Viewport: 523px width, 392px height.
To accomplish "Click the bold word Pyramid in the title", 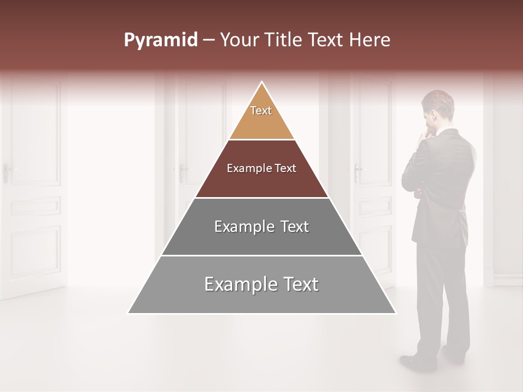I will (x=161, y=40).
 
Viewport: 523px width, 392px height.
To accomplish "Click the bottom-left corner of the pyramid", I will (x=129, y=313).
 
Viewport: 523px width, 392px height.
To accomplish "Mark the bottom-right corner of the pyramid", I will (x=395, y=313).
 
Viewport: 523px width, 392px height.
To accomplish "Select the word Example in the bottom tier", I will (x=237, y=285).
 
